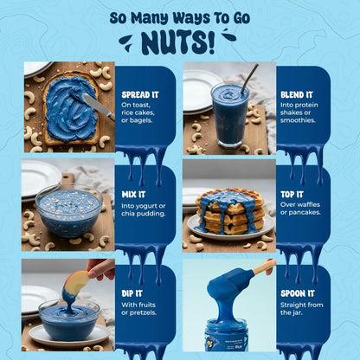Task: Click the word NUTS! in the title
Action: pyautogui.click(x=179, y=43)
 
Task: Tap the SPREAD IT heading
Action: pyautogui.click(x=140, y=95)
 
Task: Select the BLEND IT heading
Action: pyautogui.click(x=297, y=95)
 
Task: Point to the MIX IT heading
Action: pyautogui.click(x=133, y=195)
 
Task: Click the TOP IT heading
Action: pyautogui.click(x=292, y=195)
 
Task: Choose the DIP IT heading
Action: pyautogui.click(x=132, y=293)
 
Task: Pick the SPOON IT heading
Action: pyautogui.click(x=298, y=293)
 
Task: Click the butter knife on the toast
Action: pyautogui.click(x=98, y=106)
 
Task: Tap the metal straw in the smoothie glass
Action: pyautogui.click(x=249, y=77)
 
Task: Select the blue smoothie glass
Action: pyautogui.click(x=229, y=114)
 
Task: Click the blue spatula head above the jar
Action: pyautogui.click(x=230, y=282)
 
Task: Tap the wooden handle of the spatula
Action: pyautogui.click(x=264, y=267)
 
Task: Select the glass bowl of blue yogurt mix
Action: pyautogui.click(x=69, y=209)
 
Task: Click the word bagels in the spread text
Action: pyautogui.click(x=140, y=120)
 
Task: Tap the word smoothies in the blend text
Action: pyautogui.click(x=298, y=120)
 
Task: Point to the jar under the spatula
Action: pyautogui.click(x=228, y=335)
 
